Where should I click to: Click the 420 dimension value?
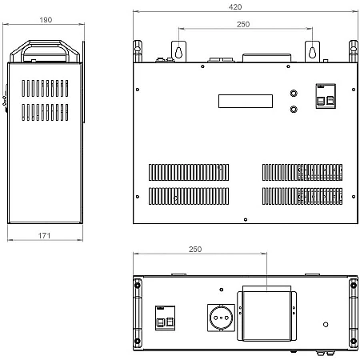click(x=235, y=7)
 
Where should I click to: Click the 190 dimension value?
click(x=46, y=20)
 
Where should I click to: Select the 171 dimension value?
click(x=44, y=235)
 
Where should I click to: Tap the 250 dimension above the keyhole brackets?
click(x=243, y=24)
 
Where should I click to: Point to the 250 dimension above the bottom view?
click(x=195, y=249)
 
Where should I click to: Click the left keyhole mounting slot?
click(x=178, y=52)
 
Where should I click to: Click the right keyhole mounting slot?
click(x=312, y=52)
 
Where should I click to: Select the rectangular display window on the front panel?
click(x=246, y=101)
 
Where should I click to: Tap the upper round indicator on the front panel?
click(x=294, y=94)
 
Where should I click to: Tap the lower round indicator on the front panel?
click(x=294, y=110)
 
